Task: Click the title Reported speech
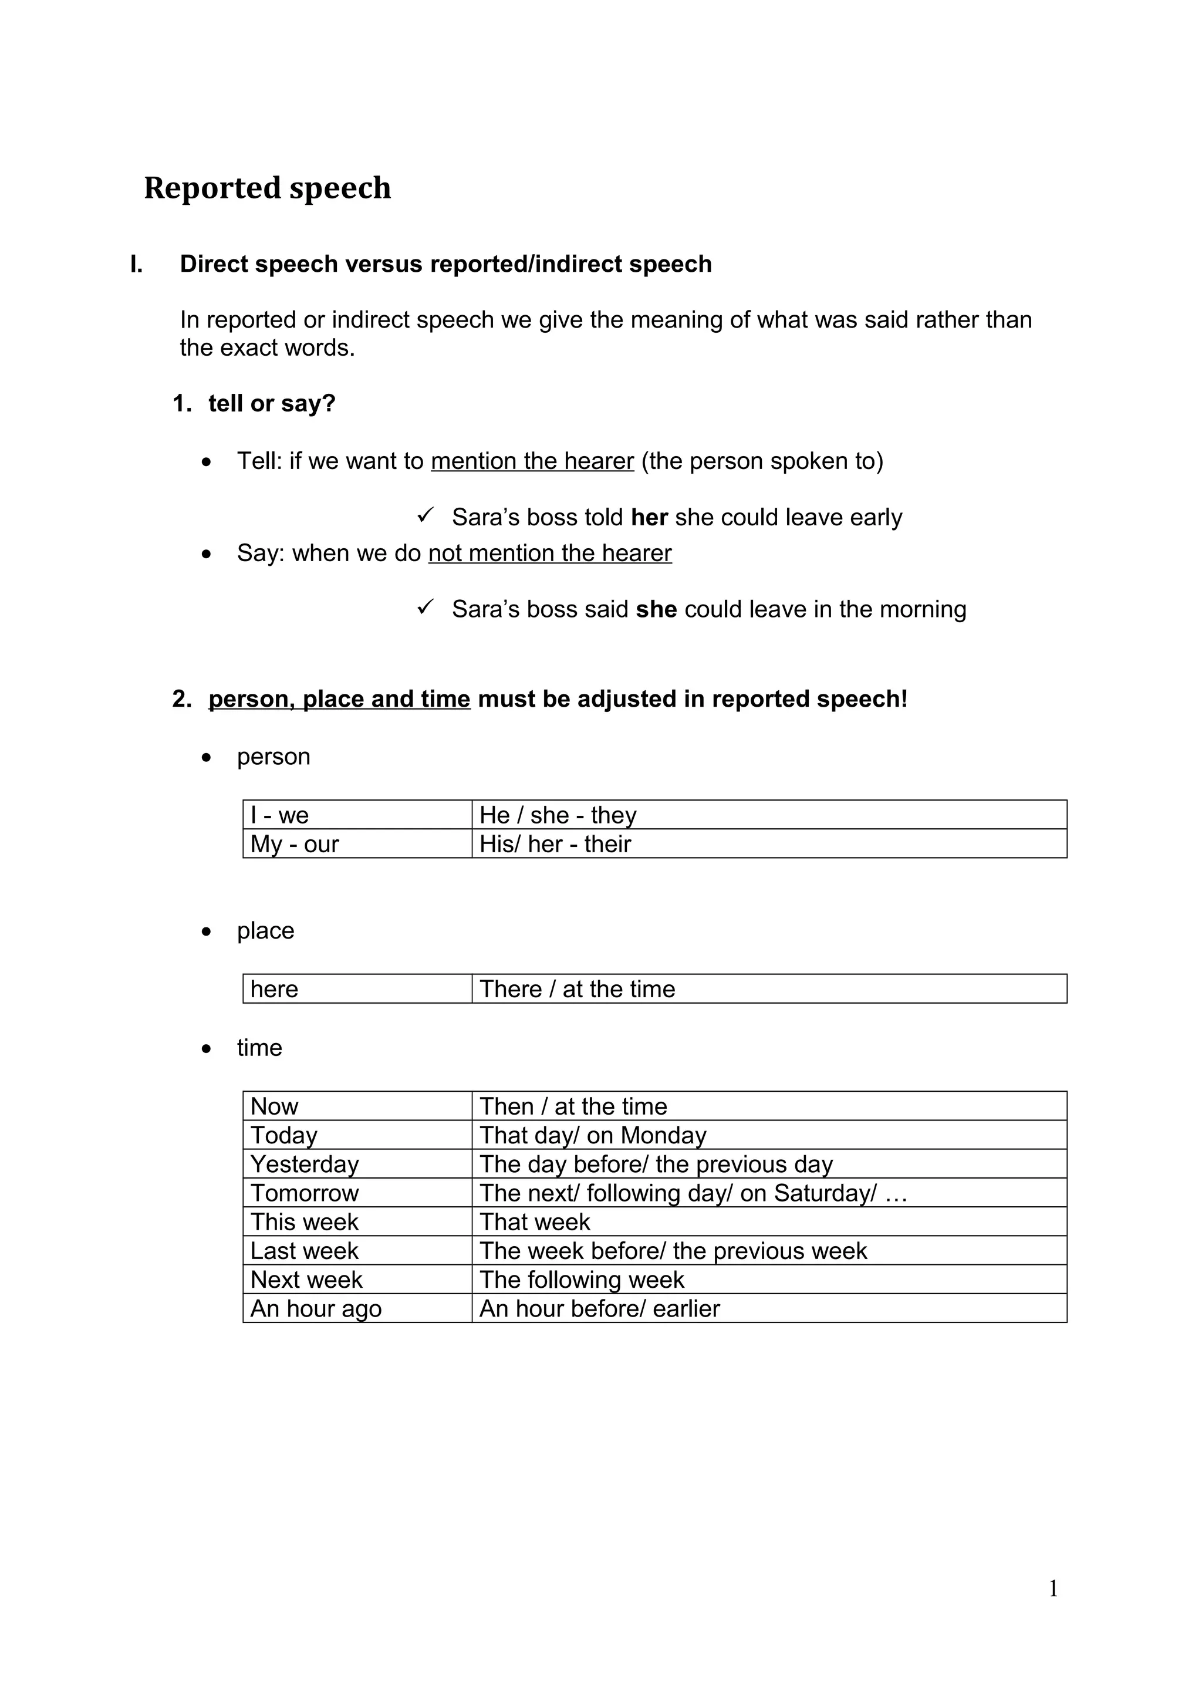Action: coord(268,188)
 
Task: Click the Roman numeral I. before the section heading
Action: coord(136,265)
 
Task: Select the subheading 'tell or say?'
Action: coord(272,404)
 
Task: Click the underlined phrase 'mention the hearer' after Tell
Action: coord(532,461)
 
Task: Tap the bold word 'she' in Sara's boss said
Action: coord(656,609)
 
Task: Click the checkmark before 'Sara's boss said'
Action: coord(425,607)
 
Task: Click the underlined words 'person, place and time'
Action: coord(339,698)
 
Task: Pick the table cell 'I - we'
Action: coord(357,815)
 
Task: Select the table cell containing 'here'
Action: coord(357,989)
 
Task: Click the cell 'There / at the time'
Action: coord(769,989)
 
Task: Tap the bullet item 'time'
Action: coord(259,1048)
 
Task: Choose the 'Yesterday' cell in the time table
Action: coord(357,1164)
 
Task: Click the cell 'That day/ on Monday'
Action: coord(769,1135)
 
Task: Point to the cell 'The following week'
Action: coord(769,1280)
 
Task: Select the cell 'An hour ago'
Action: coord(357,1308)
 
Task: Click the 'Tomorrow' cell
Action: coord(357,1193)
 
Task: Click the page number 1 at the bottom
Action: coord(1053,1588)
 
